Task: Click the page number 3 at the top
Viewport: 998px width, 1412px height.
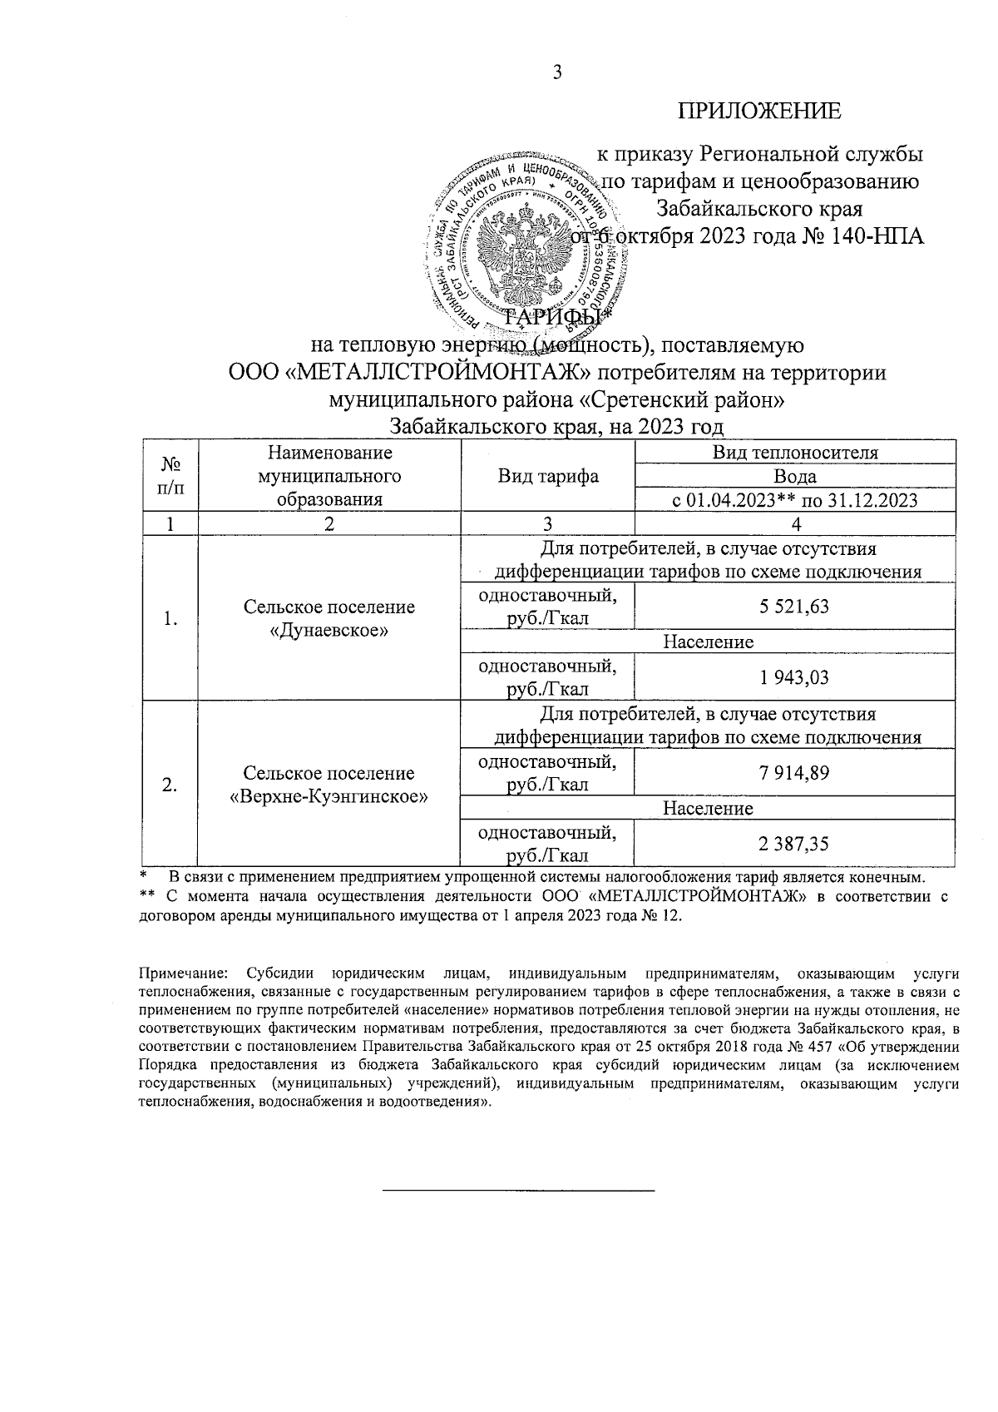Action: click(558, 73)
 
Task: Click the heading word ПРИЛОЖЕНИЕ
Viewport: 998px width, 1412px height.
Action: click(758, 111)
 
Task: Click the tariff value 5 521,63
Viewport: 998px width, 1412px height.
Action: click(793, 607)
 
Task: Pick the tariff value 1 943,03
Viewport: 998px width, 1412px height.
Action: click(793, 677)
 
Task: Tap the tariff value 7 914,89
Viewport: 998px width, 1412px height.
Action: click(793, 773)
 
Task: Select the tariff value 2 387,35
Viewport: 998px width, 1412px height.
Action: click(793, 844)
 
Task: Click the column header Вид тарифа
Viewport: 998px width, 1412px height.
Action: click(548, 477)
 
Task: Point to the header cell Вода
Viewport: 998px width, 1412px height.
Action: click(794, 477)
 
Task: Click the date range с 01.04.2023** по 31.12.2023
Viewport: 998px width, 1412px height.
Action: click(794, 500)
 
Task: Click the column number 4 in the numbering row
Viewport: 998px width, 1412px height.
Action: click(794, 524)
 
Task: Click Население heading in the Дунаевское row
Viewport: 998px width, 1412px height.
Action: click(708, 642)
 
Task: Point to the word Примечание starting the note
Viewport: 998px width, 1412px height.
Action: click(180, 973)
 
